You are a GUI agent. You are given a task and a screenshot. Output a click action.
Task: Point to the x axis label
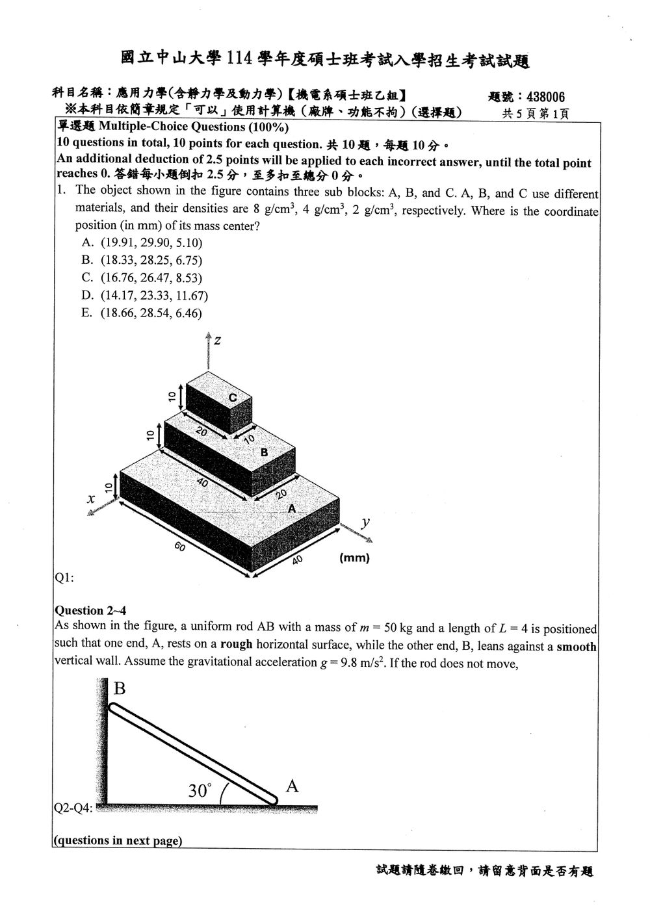point(91,498)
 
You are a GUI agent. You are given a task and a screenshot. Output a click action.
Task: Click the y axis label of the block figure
point(365,522)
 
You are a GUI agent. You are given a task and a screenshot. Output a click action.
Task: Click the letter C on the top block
point(233,397)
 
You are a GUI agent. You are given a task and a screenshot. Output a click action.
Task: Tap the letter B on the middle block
point(264,452)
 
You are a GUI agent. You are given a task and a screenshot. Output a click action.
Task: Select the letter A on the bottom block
point(291,508)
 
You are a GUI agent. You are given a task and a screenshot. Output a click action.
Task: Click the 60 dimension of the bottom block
point(179,546)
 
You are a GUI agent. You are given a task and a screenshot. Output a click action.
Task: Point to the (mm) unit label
point(354,558)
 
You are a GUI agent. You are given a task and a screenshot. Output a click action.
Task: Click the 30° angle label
point(200,790)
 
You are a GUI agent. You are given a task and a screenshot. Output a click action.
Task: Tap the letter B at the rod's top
point(119,688)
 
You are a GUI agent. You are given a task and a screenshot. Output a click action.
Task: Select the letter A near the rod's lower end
point(292,786)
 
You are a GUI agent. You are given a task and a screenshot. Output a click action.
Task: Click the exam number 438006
point(545,97)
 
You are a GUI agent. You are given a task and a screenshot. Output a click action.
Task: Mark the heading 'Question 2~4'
point(90,610)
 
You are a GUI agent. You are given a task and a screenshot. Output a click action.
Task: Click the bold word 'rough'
point(236,644)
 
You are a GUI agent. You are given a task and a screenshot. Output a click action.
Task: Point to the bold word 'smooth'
point(577,647)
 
